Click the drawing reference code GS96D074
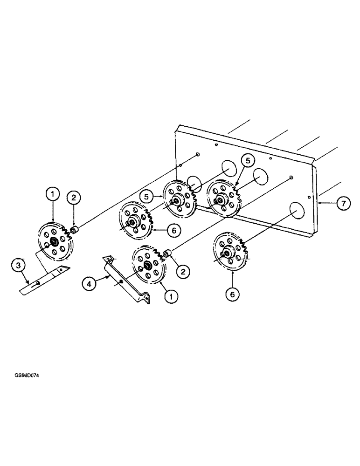pos(27,376)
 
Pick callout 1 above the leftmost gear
pos(53,193)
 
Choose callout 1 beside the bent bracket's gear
pos(172,295)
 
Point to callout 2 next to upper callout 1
pos(73,198)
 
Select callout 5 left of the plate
pos(148,197)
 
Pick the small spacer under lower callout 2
pos(168,253)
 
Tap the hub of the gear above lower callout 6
pos(228,253)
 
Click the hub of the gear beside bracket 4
pos(148,265)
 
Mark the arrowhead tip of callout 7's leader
pos(318,203)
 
